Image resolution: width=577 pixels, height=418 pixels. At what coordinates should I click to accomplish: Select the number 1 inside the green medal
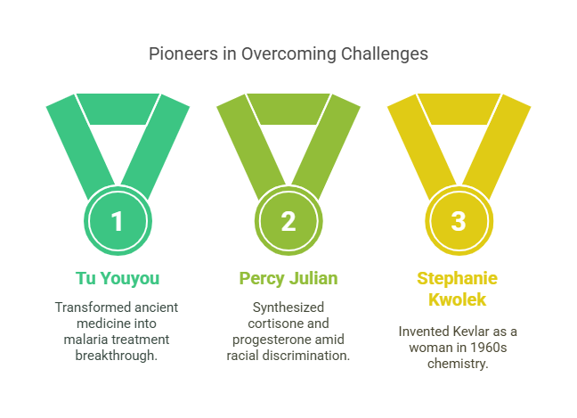click(x=117, y=221)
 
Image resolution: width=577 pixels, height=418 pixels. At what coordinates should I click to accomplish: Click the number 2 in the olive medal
click(x=288, y=221)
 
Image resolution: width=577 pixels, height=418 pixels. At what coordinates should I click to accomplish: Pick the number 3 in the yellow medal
click(x=459, y=221)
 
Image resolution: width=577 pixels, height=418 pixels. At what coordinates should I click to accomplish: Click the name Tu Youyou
click(x=118, y=278)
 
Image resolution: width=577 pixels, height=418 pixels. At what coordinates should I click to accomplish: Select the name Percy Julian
click(x=288, y=278)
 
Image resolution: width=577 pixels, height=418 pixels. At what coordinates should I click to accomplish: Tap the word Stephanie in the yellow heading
click(x=457, y=278)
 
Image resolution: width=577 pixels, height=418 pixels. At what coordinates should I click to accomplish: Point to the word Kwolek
click(x=457, y=299)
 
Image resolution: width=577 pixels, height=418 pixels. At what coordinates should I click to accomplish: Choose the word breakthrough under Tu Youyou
click(x=117, y=356)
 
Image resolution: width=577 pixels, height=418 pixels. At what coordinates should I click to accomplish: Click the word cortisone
click(x=272, y=324)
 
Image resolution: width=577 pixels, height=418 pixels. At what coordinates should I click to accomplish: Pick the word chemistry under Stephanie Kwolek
click(x=458, y=364)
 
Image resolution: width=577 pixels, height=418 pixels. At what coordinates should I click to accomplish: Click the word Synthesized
click(x=288, y=307)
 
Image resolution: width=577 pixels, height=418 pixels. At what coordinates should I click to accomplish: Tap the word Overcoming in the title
click(x=288, y=54)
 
